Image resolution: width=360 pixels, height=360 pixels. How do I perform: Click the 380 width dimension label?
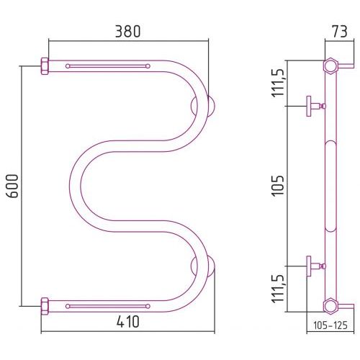127,32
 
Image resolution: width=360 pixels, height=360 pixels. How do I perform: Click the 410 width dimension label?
127,322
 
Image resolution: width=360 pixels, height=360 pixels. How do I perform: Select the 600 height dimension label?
12,186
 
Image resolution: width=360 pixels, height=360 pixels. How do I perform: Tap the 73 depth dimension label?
339,32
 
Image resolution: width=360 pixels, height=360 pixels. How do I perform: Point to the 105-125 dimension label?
330,325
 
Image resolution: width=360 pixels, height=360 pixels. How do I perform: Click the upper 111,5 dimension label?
278,82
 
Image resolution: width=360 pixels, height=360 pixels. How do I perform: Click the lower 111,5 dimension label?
278,289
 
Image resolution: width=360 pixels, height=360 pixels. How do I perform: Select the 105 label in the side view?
278,186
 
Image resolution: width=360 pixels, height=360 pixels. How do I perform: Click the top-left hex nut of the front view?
45,66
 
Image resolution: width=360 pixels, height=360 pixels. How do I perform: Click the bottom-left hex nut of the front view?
45,306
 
